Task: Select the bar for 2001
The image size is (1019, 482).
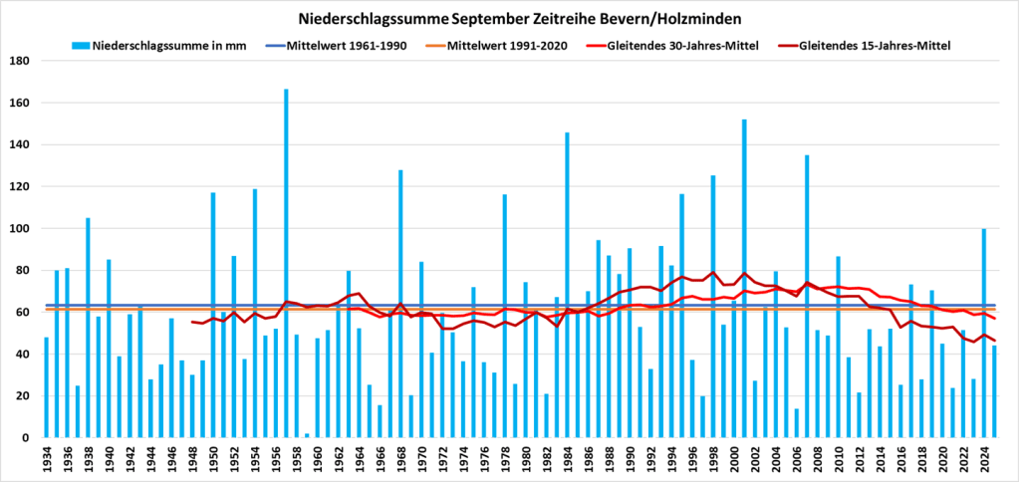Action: (744, 279)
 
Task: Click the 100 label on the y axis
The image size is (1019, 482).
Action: (20, 228)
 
